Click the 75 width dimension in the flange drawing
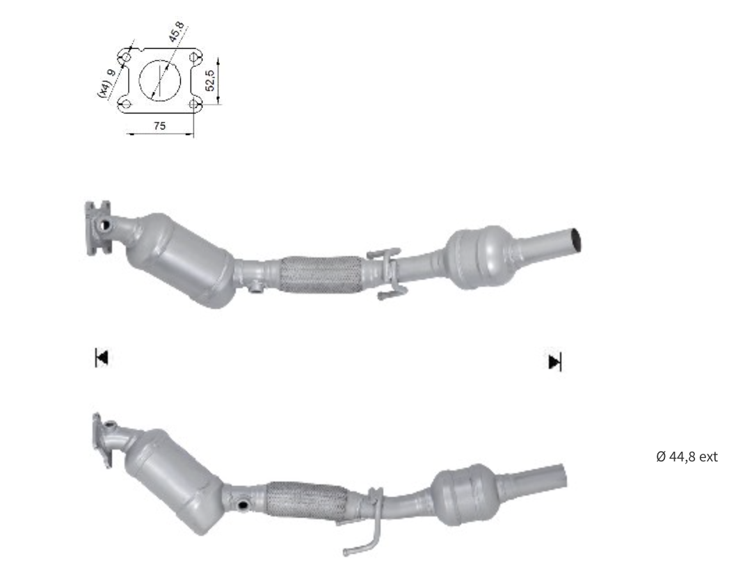point(159,126)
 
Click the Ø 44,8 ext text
point(686,457)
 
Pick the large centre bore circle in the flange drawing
point(160,78)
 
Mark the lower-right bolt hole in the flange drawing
point(195,104)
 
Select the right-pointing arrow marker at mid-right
point(554,362)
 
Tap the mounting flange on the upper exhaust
point(97,227)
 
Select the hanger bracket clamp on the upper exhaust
point(385,273)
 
